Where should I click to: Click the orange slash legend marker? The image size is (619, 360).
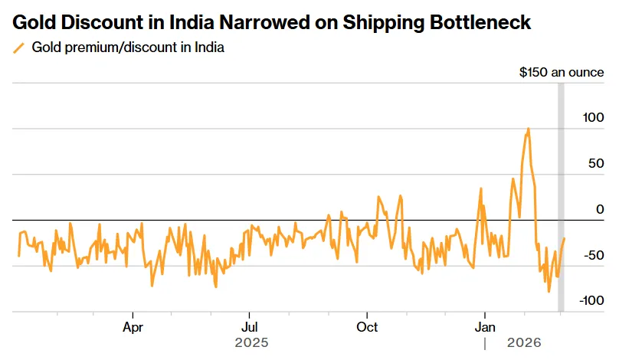pos(19,48)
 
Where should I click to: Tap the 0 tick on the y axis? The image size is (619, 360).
pos(600,209)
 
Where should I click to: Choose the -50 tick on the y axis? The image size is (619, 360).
pos(594,255)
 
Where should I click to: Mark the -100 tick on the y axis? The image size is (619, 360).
pos(591,301)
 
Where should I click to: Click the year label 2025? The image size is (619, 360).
pos(252,343)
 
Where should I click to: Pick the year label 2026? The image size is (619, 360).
pos(523,343)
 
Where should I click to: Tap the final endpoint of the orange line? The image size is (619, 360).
pos(565,238)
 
